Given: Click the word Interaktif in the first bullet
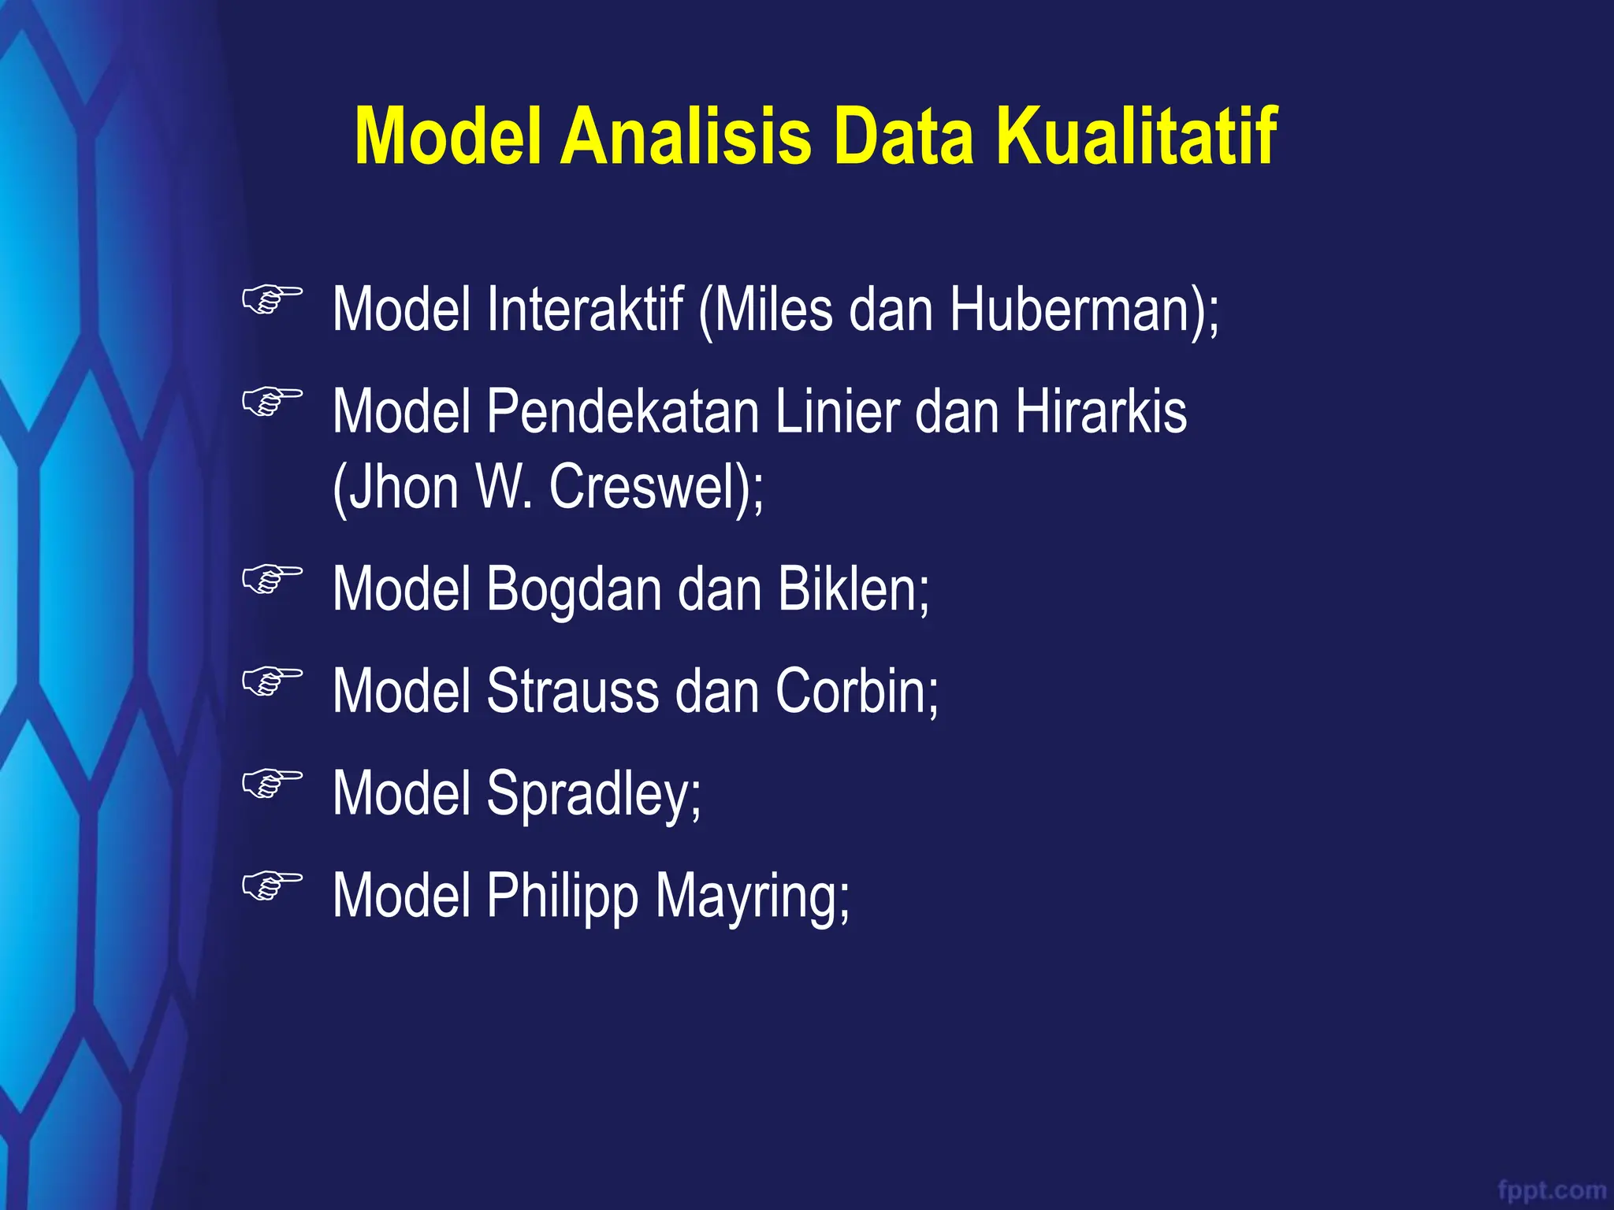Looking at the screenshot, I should tap(585, 310).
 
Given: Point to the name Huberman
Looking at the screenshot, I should tap(1076, 310).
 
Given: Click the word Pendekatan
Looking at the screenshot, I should tap(623, 412).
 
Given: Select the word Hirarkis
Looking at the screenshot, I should tap(1101, 412).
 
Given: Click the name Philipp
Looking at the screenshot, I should tap(562, 896).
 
